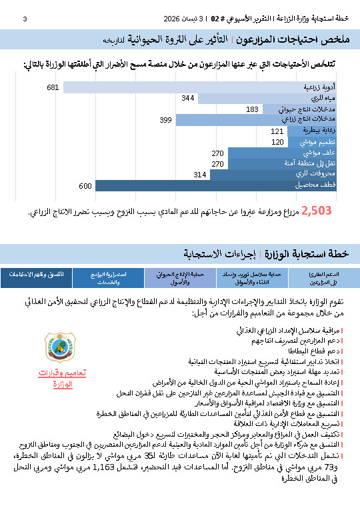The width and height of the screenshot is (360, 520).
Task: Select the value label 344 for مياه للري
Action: tap(188, 98)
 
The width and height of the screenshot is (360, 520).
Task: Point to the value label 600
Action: tap(85, 185)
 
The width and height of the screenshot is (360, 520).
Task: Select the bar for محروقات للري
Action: tap(274, 174)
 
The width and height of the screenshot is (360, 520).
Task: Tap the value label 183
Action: tap(252, 109)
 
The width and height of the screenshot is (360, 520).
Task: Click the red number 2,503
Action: tap(316, 211)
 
